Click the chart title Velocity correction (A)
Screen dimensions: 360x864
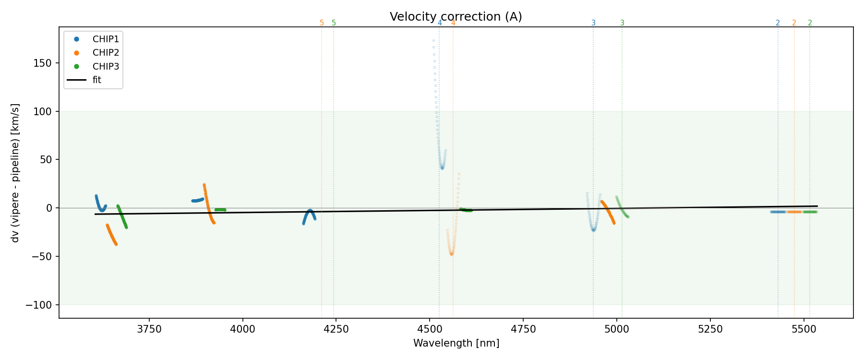pos(456,17)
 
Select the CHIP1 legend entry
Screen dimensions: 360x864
pos(106,39)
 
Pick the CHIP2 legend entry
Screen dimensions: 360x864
pos(106,53)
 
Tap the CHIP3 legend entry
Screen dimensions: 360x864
pos(106,66)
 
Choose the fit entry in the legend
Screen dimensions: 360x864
pos(97,80)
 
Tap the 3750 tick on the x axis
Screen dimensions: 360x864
pos(149,329)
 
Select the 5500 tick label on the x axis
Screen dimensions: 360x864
pos(804,329)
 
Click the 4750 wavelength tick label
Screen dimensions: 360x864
pos(523,329)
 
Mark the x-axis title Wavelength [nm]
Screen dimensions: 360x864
pos(456,343)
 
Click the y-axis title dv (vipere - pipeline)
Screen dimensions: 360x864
pos(15,173)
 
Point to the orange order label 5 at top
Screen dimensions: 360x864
pos(322,23)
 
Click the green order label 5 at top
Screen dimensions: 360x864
pos(334,23)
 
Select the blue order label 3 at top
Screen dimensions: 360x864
pos(593,23)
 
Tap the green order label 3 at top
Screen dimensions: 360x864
pos(622,23)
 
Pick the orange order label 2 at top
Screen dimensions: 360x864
pos(794,23)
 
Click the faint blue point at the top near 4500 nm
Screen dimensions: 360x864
pos(433,41)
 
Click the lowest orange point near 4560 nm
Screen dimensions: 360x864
pos(451,254)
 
